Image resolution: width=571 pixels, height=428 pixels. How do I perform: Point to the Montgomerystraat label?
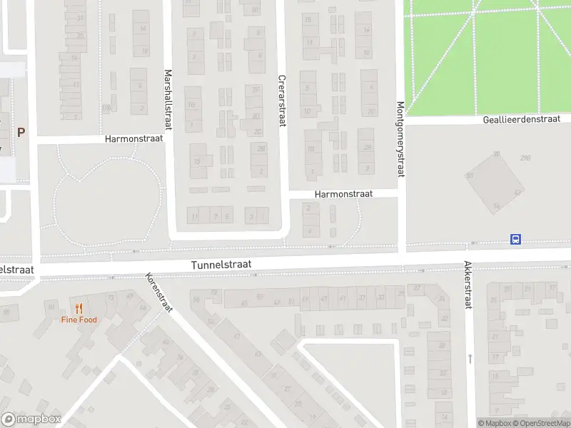click(x=400, y=139)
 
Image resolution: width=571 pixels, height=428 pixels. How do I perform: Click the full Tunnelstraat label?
click(x=221, y=265)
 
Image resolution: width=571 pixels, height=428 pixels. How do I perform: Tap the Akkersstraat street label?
click(x=468, y=285)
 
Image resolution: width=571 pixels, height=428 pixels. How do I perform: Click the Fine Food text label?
click(x=79, y=320)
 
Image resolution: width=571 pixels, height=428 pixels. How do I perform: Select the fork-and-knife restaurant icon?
click(x=79, y=309)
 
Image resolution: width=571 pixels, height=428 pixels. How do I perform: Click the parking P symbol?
click(x=21, y=132)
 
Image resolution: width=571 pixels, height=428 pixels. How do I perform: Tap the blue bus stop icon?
click(x=515, y=240)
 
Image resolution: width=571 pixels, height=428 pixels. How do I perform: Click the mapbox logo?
click(x=31, y=419)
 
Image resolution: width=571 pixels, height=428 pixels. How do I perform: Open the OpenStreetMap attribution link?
click(x=543, y=423)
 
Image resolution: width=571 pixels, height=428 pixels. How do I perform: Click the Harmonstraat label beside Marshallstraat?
click(x=133, y=138)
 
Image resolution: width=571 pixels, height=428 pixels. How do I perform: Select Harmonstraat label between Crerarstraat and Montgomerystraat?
click(x=345, y=193)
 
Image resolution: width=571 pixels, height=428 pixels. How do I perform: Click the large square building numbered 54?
click(x=494, y=183)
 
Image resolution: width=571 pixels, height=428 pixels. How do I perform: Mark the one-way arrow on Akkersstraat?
click(x=470, y=358)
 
